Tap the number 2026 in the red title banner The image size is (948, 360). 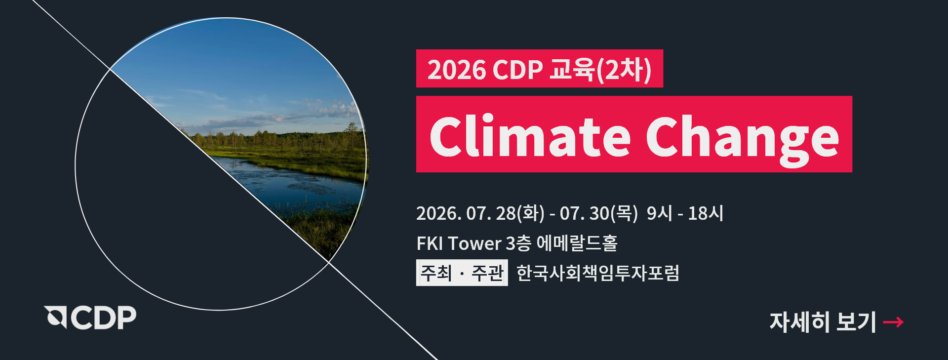(x=457, y=70)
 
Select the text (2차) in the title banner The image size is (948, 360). (x=624, y=70)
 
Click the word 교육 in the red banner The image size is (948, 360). (x=572, y=69)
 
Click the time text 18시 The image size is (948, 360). (x=706, y=213)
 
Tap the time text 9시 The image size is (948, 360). (x=660, y=213)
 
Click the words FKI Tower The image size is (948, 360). (x=459, y=243)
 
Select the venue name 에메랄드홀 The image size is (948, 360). (x=577, y=243)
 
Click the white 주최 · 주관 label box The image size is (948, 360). (x=462, y=273)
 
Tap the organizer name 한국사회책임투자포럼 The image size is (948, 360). (x=598, y=273)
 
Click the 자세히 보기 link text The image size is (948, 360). (x=823, y=322)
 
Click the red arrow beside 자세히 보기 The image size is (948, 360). (x=893, y=322)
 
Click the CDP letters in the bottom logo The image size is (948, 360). (x=104, y=318)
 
